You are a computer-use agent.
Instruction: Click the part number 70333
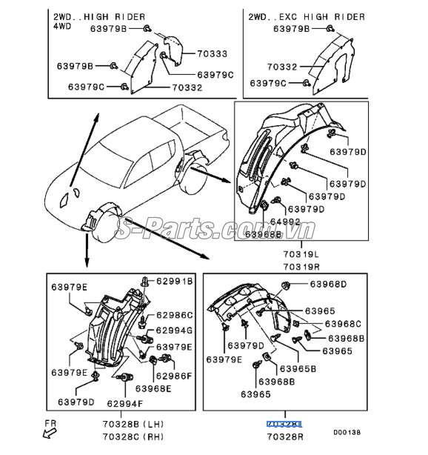[x=213, y=54]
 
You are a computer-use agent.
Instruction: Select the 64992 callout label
[x=284, y=222]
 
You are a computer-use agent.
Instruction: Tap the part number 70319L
[x=300, y=254]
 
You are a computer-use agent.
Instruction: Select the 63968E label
[x=153, y=388]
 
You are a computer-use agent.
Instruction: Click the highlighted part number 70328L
[x=284, y=425]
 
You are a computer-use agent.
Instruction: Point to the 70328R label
[x=284, y=438]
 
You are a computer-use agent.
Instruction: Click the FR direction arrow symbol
[x=50, y=432]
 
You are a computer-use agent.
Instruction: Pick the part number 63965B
[x=298, y=368]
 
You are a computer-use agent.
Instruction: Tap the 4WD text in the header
[x=61, y=26]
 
